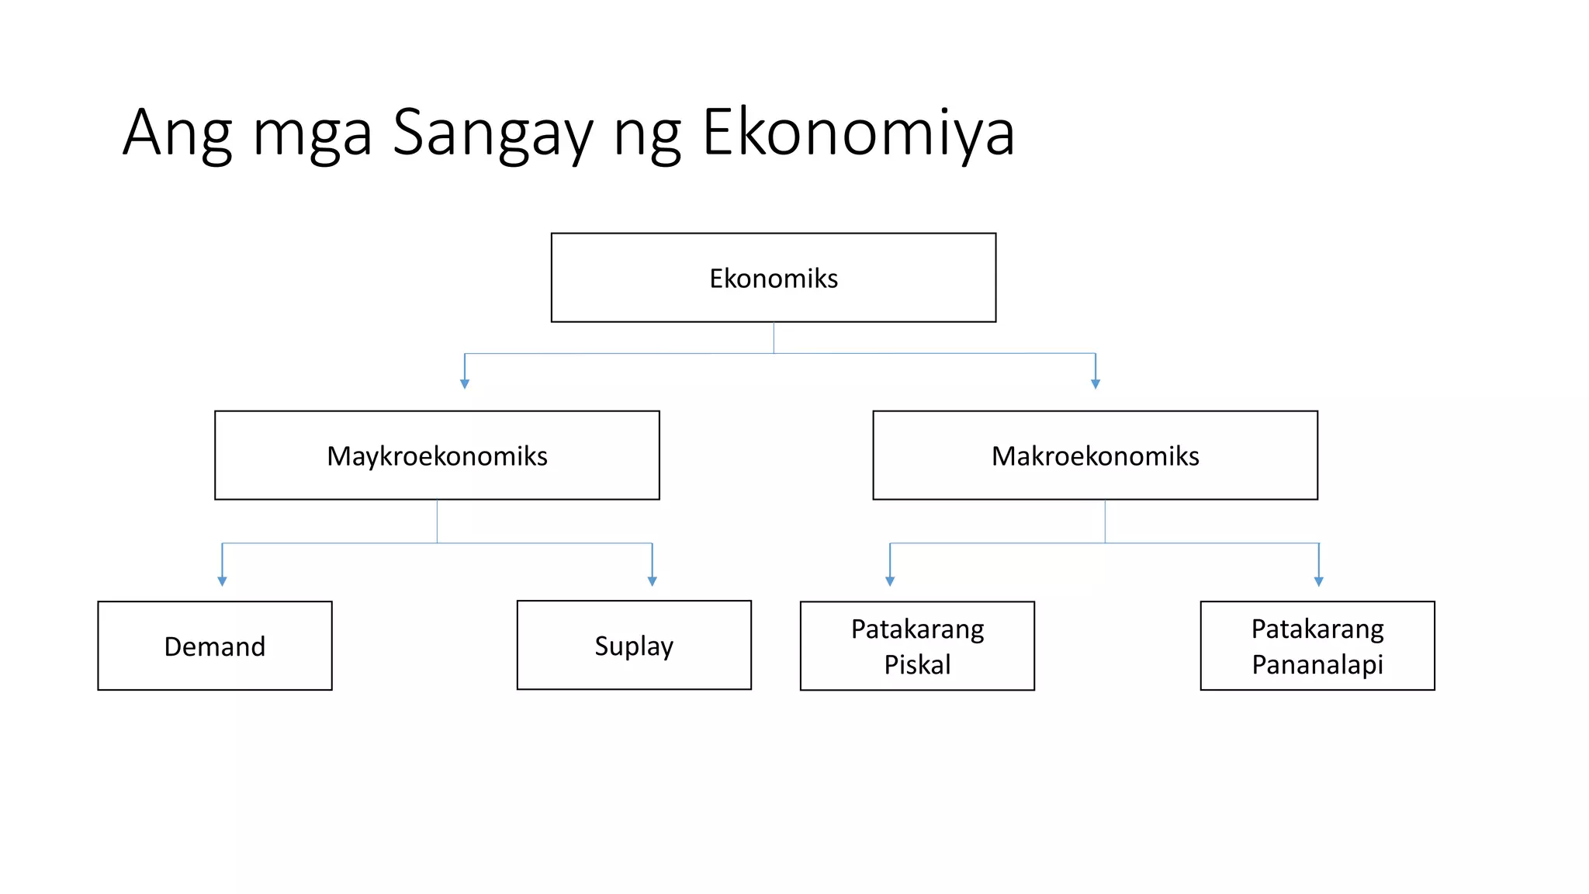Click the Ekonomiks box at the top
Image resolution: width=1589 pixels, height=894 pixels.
tap(773, 278)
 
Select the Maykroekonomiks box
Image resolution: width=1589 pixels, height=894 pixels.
tap(437, 456)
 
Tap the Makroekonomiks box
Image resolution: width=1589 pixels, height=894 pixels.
tap(1095, 456)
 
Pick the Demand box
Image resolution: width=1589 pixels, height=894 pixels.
tap(215, 646)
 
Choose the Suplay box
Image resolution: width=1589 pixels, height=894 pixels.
tap(634, 645)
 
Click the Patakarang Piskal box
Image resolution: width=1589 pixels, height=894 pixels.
tap(917, 646)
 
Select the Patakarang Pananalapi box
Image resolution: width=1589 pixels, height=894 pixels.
tap(1317, 646)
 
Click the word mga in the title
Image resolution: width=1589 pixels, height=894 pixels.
tap(312, 136)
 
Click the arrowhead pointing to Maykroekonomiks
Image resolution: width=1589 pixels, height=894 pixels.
tap(465, 384)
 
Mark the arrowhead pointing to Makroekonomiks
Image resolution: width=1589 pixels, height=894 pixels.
tap(1096, 384)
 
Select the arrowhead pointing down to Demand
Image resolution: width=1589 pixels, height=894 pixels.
tap(222, 581)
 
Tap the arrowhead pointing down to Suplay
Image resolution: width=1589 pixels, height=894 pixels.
tap(653, 581)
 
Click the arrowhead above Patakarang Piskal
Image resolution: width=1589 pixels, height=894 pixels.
tap(890, 581)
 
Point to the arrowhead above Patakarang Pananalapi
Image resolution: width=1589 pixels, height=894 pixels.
tap(1319, 581)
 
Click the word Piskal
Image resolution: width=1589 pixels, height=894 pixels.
tap(917, 664)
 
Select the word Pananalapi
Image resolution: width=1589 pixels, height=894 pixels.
tap(1317, 664)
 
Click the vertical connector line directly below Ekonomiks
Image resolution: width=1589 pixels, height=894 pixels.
tap(774, 338)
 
